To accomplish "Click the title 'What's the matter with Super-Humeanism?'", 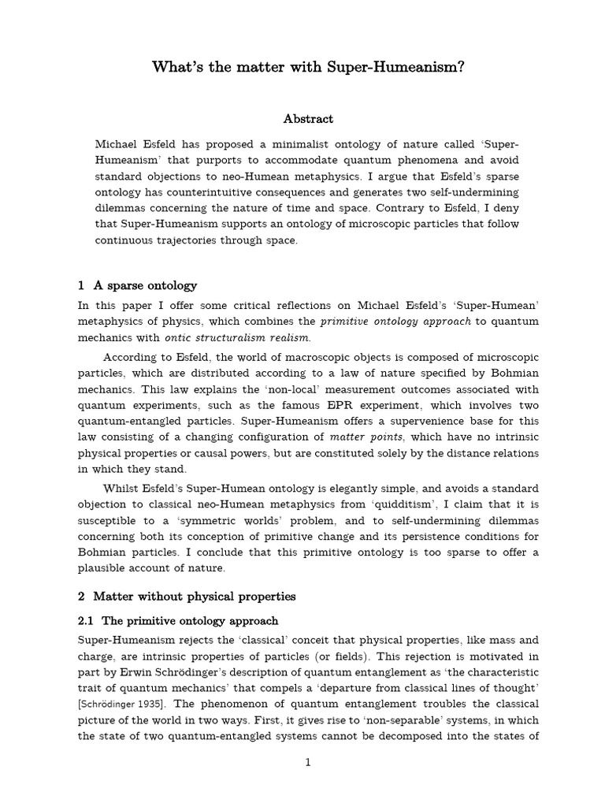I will (x=308, y=68).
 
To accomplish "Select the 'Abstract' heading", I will (x=308, y=119).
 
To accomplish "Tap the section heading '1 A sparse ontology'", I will (x=138, y=285).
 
